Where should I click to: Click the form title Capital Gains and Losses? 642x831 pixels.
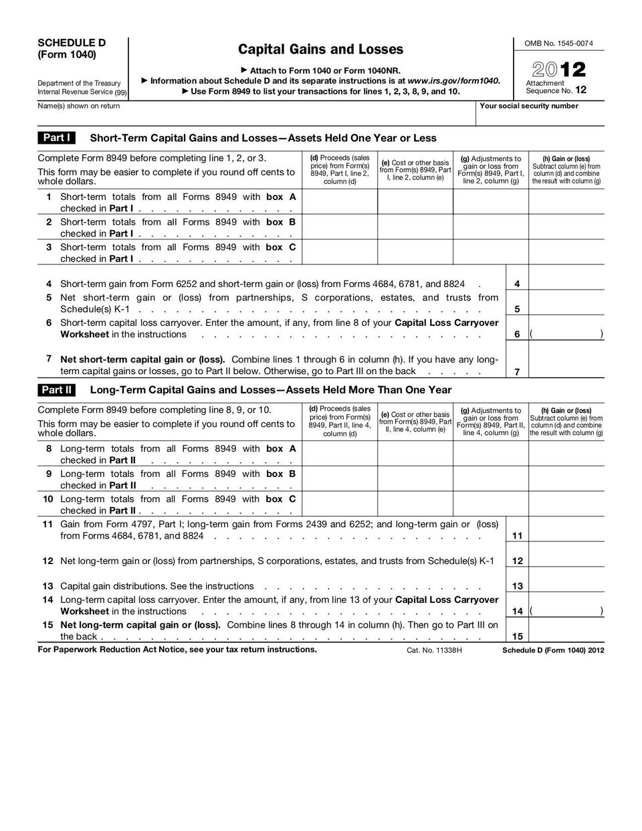(320, 49)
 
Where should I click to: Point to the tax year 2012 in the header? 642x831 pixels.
(559, 69)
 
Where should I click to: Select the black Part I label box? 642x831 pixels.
(56, 138)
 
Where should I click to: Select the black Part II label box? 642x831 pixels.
(56, 389)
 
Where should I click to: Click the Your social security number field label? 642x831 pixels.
(529, 106)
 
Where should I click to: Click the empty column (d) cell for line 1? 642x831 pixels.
(340, 202)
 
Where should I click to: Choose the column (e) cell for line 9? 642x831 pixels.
(415, 479)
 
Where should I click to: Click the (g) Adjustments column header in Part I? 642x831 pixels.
(491, 170)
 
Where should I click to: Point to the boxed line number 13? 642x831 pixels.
(517, 586)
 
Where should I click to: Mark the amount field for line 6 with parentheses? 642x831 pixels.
(566, 334)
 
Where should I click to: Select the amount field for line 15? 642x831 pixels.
(566, 636)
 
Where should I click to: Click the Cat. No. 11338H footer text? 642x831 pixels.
(434, 650)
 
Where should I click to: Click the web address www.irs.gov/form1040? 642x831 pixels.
(453, 80)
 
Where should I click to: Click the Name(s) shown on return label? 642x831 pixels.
(79, 106)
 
